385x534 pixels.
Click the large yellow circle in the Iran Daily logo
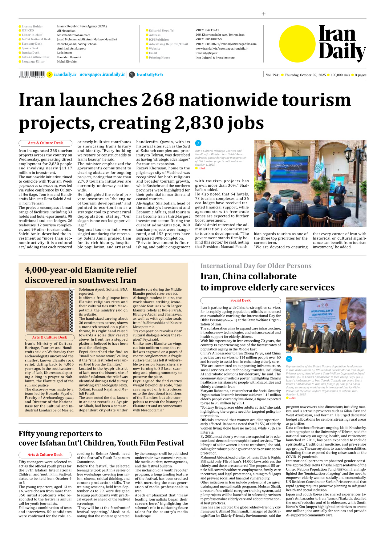click(297, 44)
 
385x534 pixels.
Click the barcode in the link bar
click(32, 74)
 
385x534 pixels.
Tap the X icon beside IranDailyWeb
click(132, 75)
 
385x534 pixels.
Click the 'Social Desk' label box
click(240, 300)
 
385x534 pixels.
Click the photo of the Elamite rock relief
click(48, 311)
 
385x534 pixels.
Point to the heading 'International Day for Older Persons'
click(256, 266)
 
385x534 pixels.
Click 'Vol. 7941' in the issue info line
click(273, 75)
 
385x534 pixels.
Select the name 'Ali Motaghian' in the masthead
click(66, 30)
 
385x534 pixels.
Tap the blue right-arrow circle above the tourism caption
click(198, 143)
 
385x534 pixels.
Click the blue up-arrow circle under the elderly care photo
click(289, 359)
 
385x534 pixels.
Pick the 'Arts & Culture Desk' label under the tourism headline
click(45, 143)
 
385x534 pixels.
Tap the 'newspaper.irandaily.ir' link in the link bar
click(102, 75)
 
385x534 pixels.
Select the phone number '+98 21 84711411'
click(207, 30)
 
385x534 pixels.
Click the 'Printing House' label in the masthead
click(159, 58)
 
